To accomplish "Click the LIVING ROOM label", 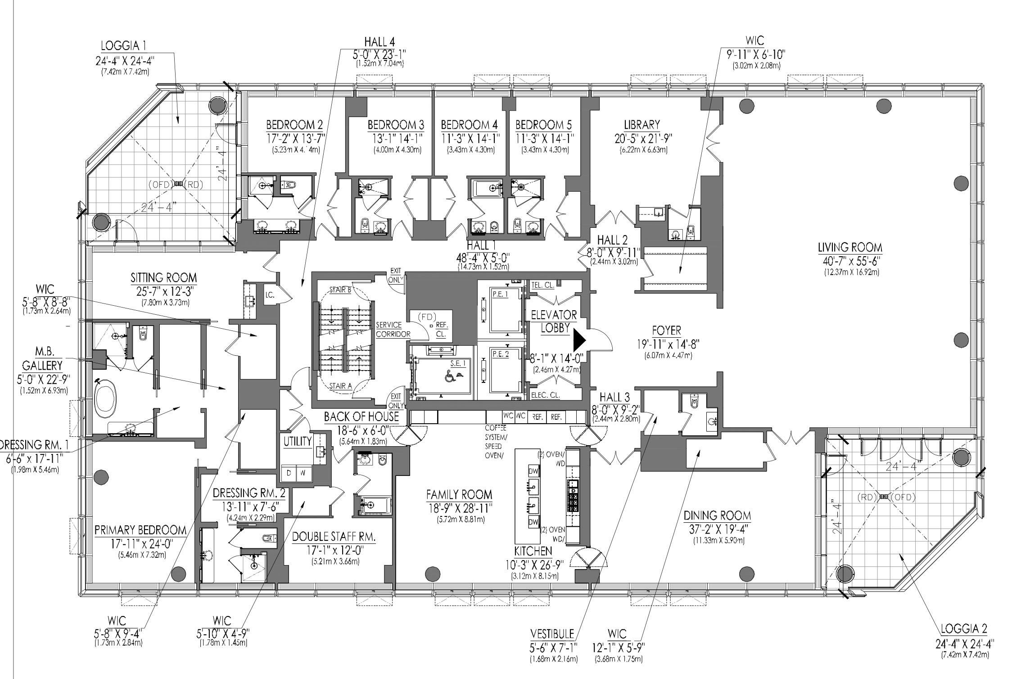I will (x=849, y=248).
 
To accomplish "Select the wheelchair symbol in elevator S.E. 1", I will (x=448, y=375).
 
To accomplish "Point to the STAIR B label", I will (x=340, y=290).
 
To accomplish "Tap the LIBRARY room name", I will (x=641, y=125).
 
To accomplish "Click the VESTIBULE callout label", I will (x=552, y=634).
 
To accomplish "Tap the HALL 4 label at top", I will (x=379, y=42).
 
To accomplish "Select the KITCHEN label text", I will (x=533, y=551).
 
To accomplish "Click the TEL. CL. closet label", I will (x=542, y=285).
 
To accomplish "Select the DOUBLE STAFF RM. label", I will (x=334, y=537).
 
